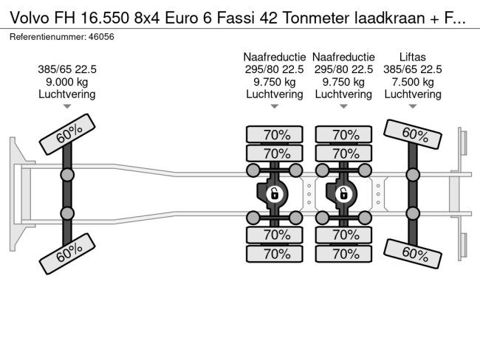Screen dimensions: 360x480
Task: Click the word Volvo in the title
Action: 26,19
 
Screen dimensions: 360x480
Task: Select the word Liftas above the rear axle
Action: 411,57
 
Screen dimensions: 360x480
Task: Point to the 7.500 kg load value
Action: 411,82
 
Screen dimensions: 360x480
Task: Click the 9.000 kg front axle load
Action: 67,82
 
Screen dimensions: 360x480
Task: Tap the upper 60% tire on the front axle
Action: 67,134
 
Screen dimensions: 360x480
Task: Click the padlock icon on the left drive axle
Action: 274,195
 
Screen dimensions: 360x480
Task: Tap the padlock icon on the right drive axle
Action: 343,195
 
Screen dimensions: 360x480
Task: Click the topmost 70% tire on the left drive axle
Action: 274,135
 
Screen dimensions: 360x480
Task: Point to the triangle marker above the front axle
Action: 67,107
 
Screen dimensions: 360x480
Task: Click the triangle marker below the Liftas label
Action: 411,107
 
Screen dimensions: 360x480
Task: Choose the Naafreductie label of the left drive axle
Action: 274,57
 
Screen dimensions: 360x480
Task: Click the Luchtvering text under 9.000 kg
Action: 67,94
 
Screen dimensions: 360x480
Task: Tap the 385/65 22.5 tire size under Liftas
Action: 411,69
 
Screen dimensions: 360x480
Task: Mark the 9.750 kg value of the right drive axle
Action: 343,82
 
